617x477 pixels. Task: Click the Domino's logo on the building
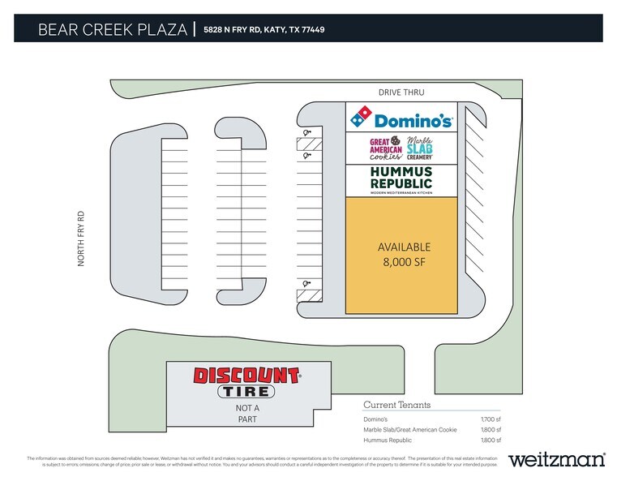[401, 120]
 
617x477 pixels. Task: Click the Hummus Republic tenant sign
[401, 180]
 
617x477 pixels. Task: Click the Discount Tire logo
[246, 382]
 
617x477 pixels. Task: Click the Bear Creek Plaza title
[110, 30]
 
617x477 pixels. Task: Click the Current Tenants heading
[396, 405]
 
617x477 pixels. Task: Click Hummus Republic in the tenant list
[388, 440]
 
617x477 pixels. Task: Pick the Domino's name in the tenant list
[376, 419]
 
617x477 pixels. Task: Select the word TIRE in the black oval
[246, 391]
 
